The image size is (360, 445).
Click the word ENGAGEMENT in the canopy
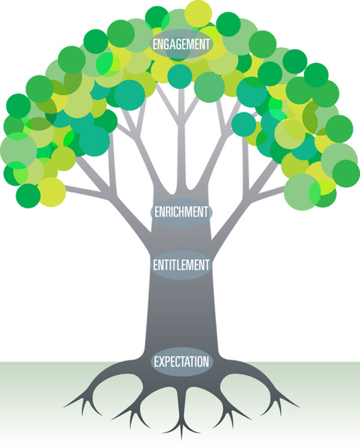click(181, 44)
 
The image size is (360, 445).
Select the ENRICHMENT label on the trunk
click(181, 212)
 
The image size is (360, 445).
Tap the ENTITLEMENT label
click(181, 265)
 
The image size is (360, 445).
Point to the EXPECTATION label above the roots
click(181, 362)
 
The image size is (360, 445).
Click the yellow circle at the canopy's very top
click(198, 13)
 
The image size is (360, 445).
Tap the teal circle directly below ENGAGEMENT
click(180, 76)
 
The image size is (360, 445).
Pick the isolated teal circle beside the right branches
click(244, 124)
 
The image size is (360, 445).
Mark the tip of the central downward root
click(182, 438)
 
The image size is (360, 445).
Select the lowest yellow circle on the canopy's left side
click(52, 192)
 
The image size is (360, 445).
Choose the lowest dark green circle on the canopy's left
click(28, 196)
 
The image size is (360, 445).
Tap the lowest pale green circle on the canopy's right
click(300, 192)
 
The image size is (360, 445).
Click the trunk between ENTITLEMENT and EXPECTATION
click(181, 312)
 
